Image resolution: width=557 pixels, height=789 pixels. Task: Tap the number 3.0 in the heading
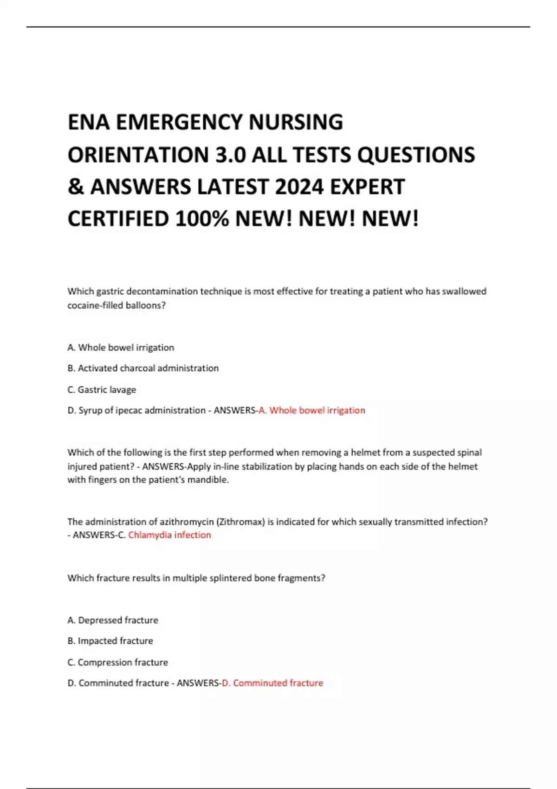[x=230, y=155]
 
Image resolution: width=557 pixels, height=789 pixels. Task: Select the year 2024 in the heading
[x=299, y=187]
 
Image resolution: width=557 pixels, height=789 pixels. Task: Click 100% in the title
[x=202, y=219]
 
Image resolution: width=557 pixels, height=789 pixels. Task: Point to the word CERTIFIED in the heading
[x=118, y=219]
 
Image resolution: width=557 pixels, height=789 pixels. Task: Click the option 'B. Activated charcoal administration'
[x=143, y=368]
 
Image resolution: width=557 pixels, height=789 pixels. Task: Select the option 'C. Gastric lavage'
[x=102, y=389]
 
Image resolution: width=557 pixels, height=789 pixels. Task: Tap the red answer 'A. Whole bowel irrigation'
[x=312, y=410]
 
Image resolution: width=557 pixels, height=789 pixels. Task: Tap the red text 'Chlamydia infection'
[x=169, y=535]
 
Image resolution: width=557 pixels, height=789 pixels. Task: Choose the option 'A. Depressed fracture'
[x=113, y=620]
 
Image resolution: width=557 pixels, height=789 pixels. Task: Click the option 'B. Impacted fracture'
[x=110, y=641]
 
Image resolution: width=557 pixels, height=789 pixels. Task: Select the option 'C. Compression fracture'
[x=118, y=662]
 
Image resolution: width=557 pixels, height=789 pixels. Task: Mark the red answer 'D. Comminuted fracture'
[x=272, y=683]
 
